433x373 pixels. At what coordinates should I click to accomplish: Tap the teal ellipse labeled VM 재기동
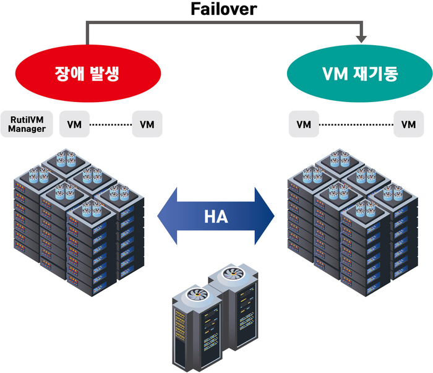click(359, 74)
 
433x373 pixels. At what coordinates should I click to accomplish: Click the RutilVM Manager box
click(27, 124)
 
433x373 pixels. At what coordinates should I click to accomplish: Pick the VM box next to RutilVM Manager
click(74, 124)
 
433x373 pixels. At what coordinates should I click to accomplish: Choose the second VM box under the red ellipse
click(147, 124)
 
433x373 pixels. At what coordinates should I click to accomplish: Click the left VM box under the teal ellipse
click(303, 124)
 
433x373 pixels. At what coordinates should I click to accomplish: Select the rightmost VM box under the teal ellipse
click(408, 124)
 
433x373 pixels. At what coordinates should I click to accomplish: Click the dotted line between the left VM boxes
click(111, 124)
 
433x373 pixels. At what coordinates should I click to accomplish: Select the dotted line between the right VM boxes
click(356, 124)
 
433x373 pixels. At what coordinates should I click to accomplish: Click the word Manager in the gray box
click(27, 129)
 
